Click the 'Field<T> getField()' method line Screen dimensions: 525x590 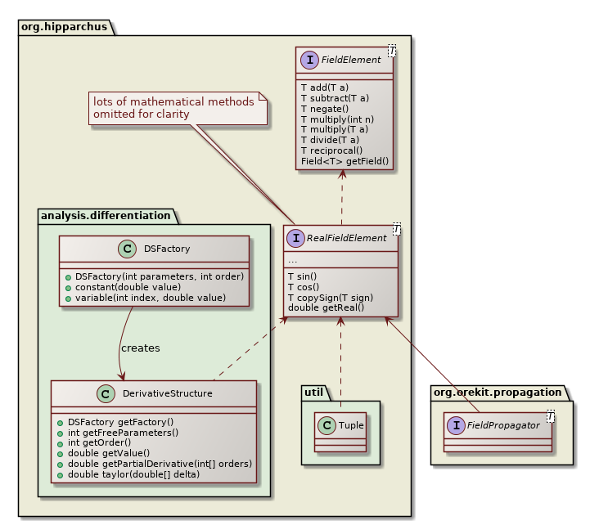345,161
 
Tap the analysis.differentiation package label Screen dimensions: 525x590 106,216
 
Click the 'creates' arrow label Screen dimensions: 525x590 141,348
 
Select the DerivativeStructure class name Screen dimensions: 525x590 167,393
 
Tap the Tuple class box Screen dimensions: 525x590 340,426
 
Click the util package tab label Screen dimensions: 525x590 315,392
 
